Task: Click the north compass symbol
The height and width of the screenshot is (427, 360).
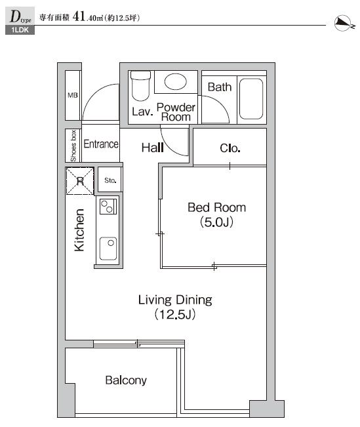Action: point(344,24)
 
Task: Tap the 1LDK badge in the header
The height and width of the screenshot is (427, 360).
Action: point(20,30)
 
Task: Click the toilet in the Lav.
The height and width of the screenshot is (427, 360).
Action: point(140,86)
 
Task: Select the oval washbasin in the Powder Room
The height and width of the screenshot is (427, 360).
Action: point(175,81)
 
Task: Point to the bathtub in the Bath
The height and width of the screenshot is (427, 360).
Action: point(251,99)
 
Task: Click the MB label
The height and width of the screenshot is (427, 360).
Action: point(73,95)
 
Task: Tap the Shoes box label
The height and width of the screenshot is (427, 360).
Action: point(73,146)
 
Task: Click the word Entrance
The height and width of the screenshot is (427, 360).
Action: point(101,144)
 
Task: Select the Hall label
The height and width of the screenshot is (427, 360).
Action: point(153,148)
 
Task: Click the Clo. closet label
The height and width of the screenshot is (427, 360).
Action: point(230,148)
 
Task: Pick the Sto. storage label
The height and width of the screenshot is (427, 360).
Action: point(110,180)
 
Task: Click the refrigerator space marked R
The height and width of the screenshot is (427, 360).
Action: point(80,181)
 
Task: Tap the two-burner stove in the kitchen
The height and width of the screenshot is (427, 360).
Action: point(108,207)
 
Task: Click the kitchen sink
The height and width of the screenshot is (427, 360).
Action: point(108,249)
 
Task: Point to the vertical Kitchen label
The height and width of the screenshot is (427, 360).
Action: point(79,230)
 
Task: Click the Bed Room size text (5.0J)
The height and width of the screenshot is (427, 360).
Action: point(216,222)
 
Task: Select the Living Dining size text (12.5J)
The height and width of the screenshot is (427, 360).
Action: point(175,315)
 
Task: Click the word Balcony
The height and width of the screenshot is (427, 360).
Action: point(126,380)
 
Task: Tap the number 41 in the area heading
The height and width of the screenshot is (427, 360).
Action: point(79,16)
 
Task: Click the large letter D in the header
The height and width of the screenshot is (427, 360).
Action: point(15,16)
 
